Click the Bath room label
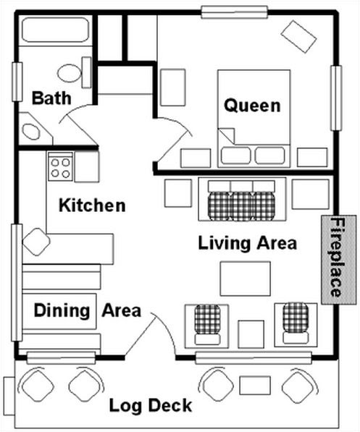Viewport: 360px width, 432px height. pyautogui.click(x=51, y=98)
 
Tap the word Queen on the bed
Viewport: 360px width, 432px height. pyautogui.click(x=252, y=106)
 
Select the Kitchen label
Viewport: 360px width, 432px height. pyautogui.click(x=92, y=206)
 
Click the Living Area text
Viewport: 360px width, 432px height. pyautogui.click(x=248, y=244)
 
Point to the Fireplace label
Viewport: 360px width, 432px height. pyautogui.click(x=337, y=258)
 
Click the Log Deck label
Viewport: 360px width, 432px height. pyautogui.click(x=151, y=406)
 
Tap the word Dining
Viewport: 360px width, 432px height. pyautogui.click(x=62, y=310)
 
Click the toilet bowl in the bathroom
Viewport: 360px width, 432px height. pyautogui.click(x=70, y=73)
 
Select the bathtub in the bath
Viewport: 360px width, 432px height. pyautogui.click(x=55, y=30)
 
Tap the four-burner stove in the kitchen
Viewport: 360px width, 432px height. pyautogui.click(x=60, y=167)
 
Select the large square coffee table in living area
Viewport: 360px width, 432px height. pyautogui.click(x=246, y=279)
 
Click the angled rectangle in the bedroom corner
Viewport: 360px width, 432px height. pyautogui.click(x=298, y=37)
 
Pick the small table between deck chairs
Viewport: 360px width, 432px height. pyautogui.click(x=255, y=385)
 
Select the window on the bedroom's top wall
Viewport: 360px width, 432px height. pyautogui.click(x=235, y=12)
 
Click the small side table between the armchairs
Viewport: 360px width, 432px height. pyautogui.click(x=251, y=334)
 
